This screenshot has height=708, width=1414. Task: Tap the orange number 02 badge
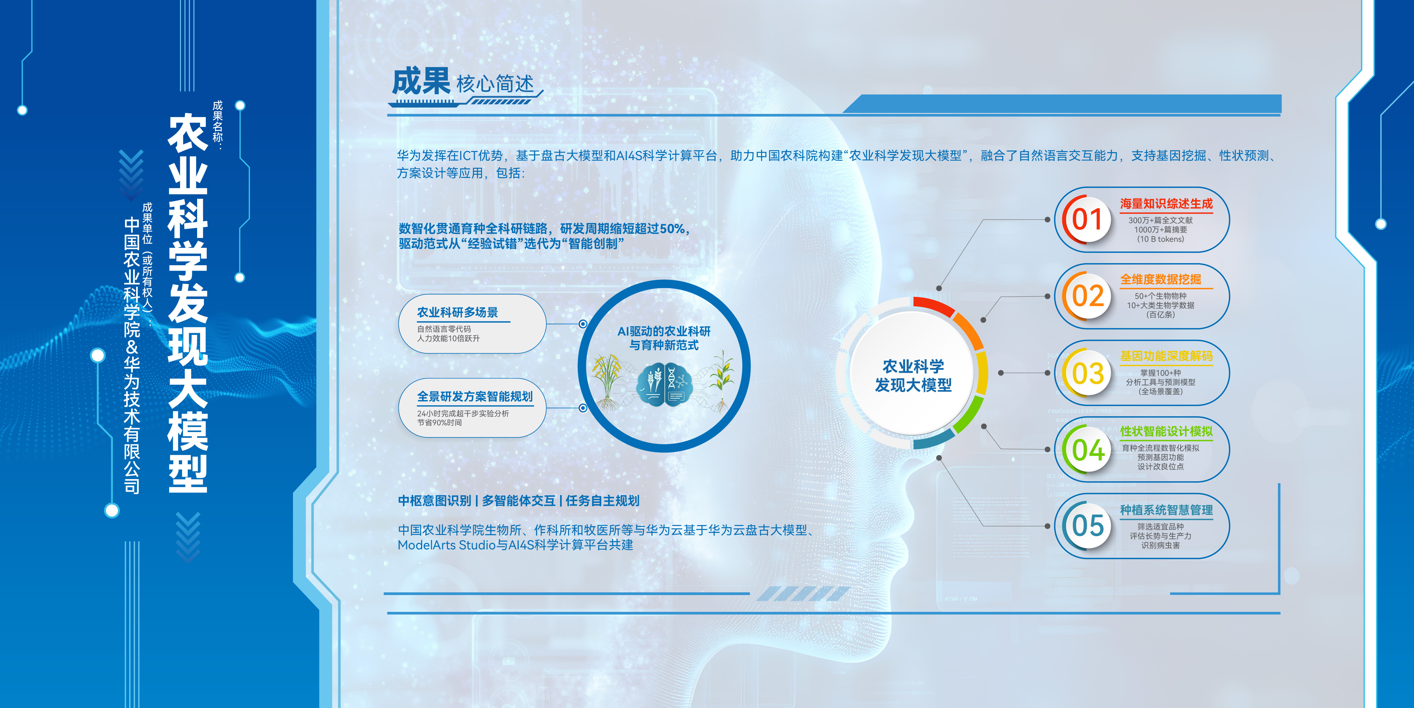(1087, 296)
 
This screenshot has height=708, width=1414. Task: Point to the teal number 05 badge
(1087, 526)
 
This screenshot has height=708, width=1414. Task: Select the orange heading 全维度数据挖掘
(1160, 279)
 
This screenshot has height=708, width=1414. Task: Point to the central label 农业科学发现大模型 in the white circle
(913, 375)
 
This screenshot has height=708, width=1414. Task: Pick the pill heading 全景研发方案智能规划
(475, 396)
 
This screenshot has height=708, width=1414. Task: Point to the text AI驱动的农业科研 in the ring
(664, 331)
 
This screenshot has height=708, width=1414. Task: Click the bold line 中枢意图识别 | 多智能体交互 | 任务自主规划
(519, 500)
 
